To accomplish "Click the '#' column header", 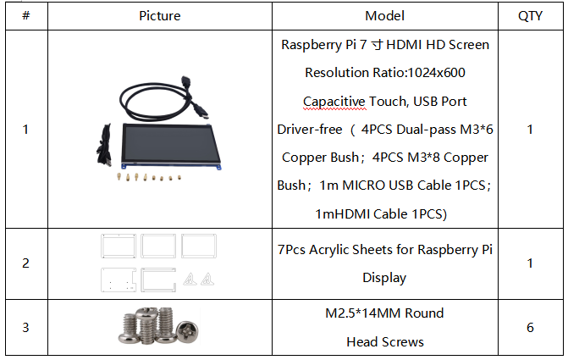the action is tap(26, 15).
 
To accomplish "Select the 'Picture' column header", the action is tap(160, 15).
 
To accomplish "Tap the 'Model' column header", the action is tap(384, 15).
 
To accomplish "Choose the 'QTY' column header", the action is tap(530, 15).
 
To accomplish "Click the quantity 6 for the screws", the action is tap(530, 327).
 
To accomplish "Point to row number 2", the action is tap(25, 263).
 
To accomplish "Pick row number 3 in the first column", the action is tap(25, 327).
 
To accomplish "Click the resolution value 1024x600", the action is tap(436, 73).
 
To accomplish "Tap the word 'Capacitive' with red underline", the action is tap(334, 102).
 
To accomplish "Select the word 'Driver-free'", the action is tap(310, 130).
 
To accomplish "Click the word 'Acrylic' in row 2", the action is tap(329, 250).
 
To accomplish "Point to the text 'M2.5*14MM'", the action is tap(362, 313).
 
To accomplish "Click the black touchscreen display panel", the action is tap(170, 143).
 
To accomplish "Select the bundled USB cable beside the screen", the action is tap(104, 146).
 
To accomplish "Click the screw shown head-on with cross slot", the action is tap(187, 330).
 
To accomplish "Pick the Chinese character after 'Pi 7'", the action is tap(377, 45).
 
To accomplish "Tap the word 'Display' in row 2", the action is tap(384, 278).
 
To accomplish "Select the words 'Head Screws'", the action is tap(385, 342).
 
